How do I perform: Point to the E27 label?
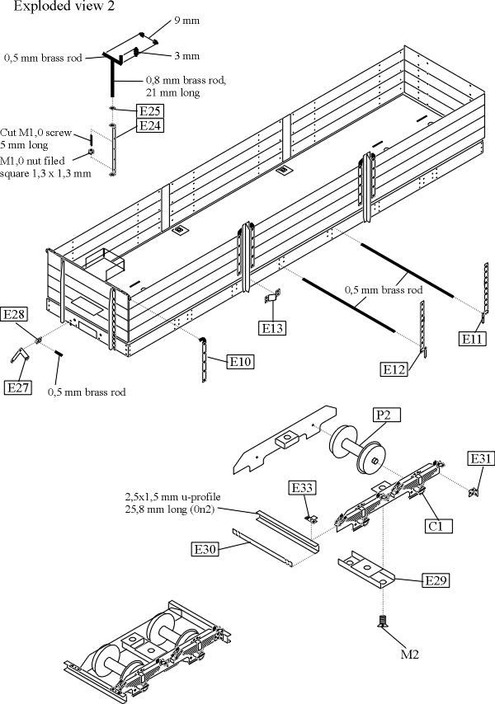point(18,387)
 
